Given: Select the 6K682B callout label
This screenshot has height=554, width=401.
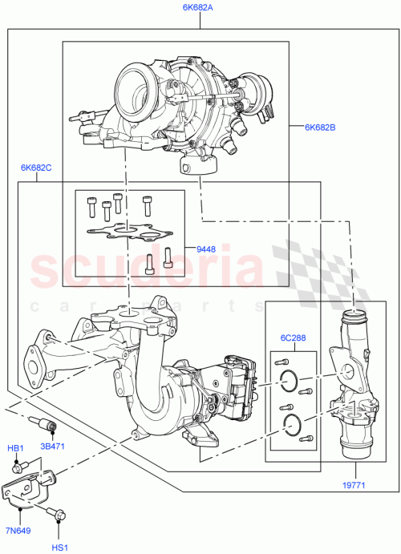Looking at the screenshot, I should tap(321, 127).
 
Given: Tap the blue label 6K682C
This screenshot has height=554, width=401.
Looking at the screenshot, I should tap(36, 168).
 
